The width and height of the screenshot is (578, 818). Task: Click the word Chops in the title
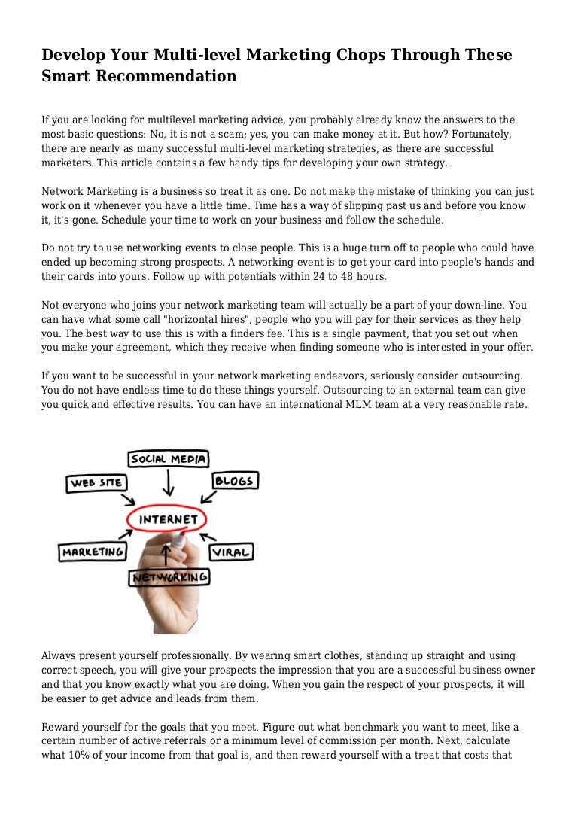(x=374, y=55)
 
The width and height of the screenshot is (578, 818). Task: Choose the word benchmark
(x=309, y=728)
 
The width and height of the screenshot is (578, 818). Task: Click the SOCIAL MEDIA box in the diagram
(x=169, y=458)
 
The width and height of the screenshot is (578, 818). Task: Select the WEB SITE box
(x=97, y=482)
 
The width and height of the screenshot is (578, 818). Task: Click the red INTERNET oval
(x=169, y=519)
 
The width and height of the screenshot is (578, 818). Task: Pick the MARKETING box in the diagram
(x=93, y=552)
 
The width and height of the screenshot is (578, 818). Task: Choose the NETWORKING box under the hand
(x=169, y=577)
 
